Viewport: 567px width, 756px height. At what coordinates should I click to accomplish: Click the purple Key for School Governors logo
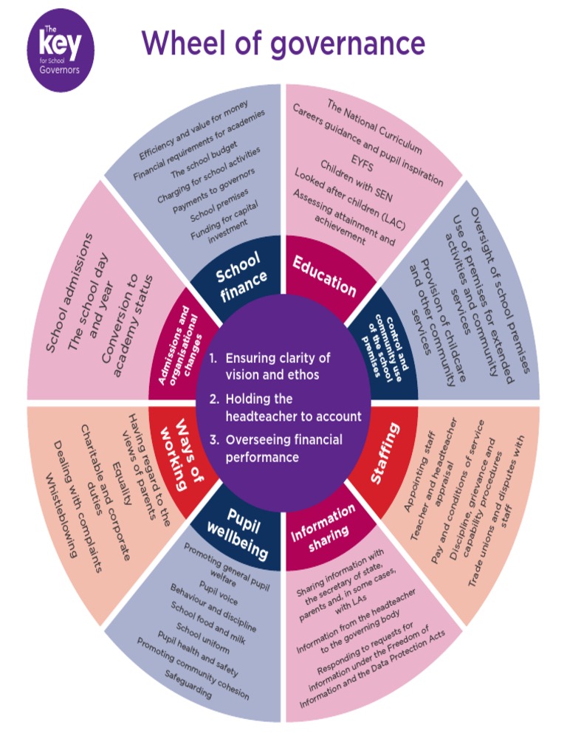tap(60, 49)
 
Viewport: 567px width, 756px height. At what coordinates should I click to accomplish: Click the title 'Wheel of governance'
tap(283, 43)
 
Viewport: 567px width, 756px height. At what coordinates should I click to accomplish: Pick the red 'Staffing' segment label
tap(385, 453)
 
